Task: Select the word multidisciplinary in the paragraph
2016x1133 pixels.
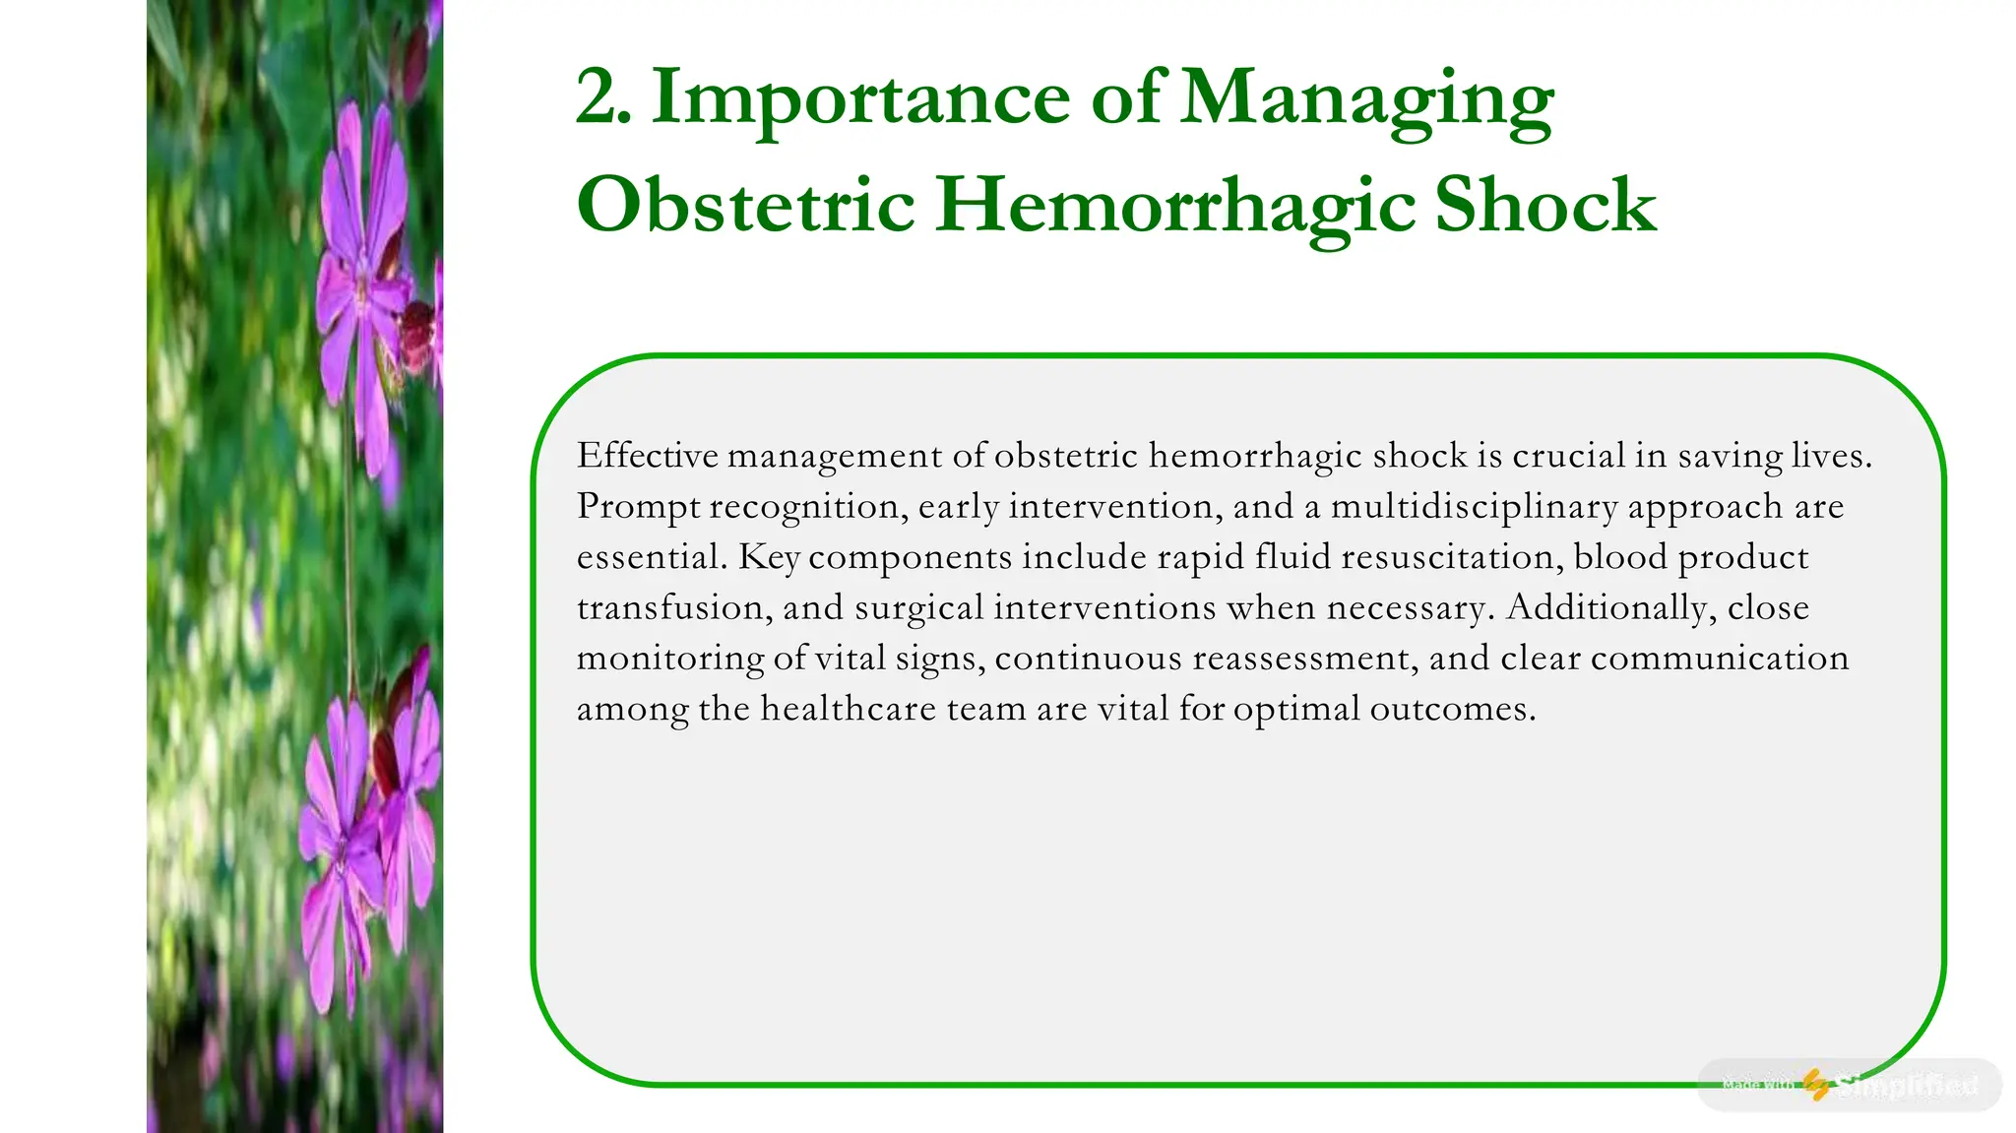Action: pyautogui.click(x=1474, y=508)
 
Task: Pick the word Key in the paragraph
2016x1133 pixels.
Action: pyautogui.click(x=769, y=558)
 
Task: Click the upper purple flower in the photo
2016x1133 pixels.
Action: pyautogui.click(x=362, y=285)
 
